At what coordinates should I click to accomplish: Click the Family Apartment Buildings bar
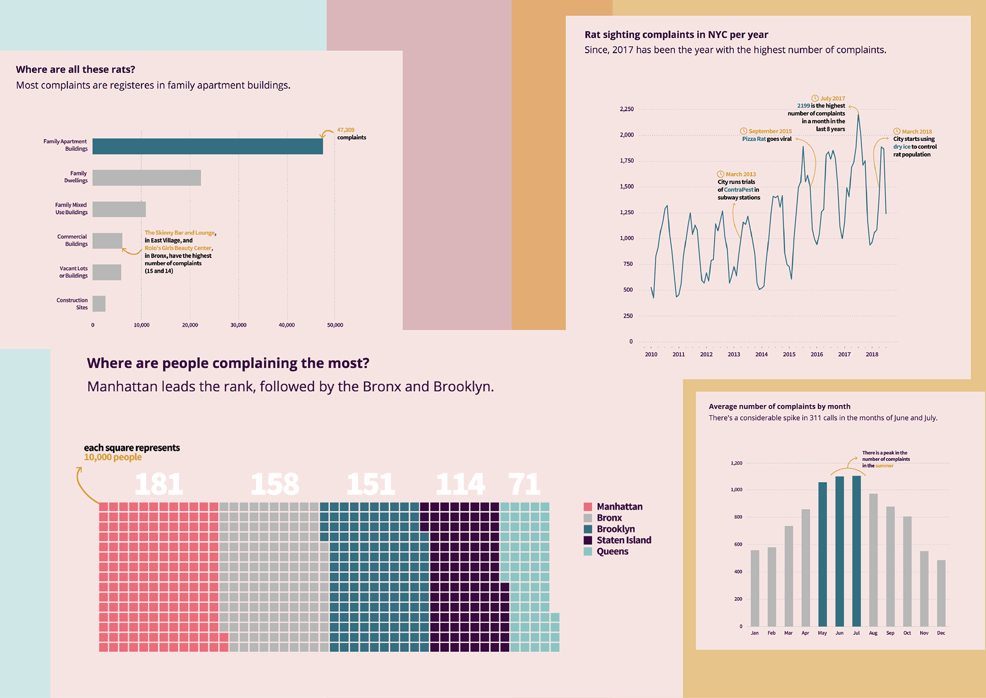click(207, 146)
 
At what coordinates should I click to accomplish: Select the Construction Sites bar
click(99, 304)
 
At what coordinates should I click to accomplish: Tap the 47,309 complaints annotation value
click(346, 130)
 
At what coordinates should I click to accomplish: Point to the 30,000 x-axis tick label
click(238, 325)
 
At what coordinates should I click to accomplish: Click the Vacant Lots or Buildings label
click(73, 272)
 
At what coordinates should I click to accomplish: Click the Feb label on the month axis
click(771, 633)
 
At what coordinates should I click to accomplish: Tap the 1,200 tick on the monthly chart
click(736, 463)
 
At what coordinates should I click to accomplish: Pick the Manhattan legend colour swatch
click(588, 507)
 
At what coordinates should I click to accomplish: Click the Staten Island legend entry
click(623, 540)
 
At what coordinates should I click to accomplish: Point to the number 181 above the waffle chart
click(159, 484)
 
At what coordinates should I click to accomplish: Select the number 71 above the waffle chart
click(524, 484)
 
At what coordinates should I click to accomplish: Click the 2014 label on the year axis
click(762, 355)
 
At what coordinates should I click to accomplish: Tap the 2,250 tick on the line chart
click(627, 109)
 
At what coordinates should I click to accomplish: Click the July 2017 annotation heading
click(832, 98)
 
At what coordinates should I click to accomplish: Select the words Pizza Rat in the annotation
click(753, 139)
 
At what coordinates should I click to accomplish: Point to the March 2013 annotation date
click(740, 174)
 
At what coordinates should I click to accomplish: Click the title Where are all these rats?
click(75, 69)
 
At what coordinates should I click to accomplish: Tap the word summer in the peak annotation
click(884, 466)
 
